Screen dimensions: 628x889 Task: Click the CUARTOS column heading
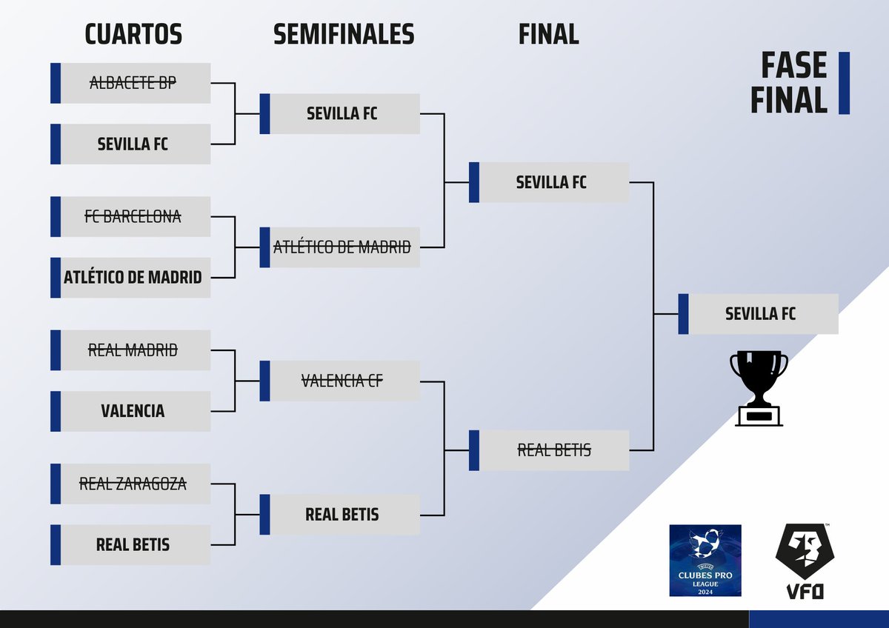pyautogui.click(x=133, y=34)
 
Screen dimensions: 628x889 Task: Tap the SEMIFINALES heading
pyautogui.click(x=344, y=34)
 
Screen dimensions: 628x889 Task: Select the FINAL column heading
pyautogui.click(x=548, y=34)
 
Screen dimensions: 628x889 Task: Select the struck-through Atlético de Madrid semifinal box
pyautogui.click(x=342, y=247)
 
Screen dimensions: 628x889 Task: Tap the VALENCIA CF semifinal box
pyautogui.click(x=342, y=381)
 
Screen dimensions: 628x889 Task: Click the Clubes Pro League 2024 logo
pyautogui.click(x=705, y=561)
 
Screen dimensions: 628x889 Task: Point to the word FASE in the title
pyautogui.click(x=793, y=67)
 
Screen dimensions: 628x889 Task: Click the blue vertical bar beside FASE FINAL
pyautogui.click(x=844, y=83)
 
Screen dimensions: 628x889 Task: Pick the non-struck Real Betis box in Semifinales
pyautogui.click(x=342, y=515)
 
